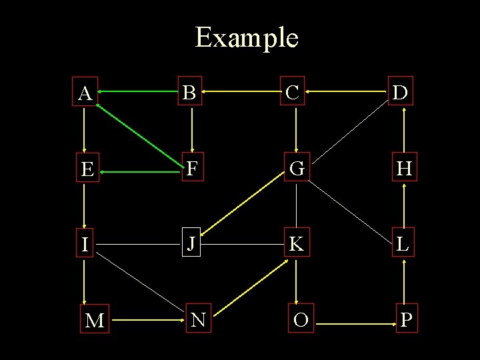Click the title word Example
(x=246, y=38)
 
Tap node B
(x=191, y=93)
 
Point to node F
(x=192, y=169)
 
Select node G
(x=297, y=169)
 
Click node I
(x=85, y=245)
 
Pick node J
(x=192, y=244)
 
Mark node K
(x=297, y=245)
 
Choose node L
(x=403, y=244)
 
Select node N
(x=198, y=320)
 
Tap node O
(x=301, y=320)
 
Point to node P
(x=406, y=320)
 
